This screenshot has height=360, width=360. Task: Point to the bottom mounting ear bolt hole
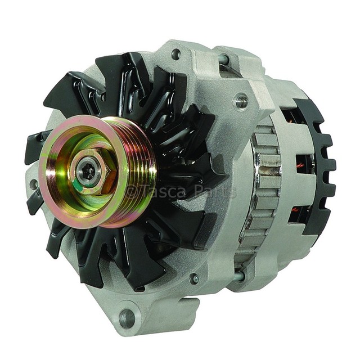[127, 318]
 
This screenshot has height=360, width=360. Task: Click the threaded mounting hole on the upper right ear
[241, 100]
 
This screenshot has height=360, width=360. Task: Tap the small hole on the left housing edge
[34, 184]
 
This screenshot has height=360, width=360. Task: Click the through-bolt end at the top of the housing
[224, 58]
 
